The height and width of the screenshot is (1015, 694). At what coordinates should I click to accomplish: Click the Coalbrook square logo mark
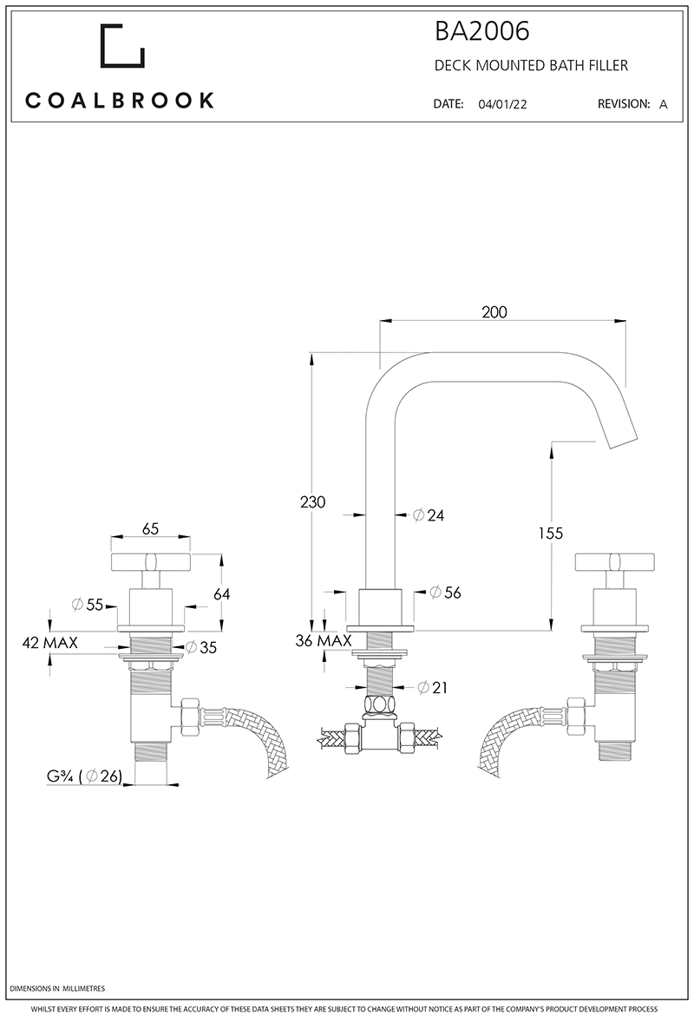(122, 46)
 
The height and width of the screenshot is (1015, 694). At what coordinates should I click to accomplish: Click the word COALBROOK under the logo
(120, 101)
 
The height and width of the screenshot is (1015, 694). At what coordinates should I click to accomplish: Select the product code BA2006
(481, 33)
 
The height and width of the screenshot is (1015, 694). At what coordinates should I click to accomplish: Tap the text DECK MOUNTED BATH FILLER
(531, 66)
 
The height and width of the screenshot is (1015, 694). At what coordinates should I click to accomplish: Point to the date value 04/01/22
(502, 104)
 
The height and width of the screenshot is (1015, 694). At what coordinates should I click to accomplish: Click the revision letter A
(664, 104)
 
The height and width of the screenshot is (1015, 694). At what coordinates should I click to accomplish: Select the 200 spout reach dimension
(494, 312)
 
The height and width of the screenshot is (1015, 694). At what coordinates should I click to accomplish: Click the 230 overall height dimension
(312, 502)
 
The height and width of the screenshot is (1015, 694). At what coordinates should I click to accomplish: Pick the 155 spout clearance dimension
(549, 533)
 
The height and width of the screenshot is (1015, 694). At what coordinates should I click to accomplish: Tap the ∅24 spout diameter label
(429, 515)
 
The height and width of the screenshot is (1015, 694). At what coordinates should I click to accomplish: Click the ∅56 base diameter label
(446, 593)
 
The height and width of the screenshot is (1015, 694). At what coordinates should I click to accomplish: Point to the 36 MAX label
(323, 641)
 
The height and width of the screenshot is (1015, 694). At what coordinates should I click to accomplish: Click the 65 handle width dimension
(150, 528)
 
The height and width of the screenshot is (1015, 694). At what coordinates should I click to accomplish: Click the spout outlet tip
(623, 437)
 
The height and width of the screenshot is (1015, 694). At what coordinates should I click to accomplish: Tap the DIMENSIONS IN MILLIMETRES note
(56, 989)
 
